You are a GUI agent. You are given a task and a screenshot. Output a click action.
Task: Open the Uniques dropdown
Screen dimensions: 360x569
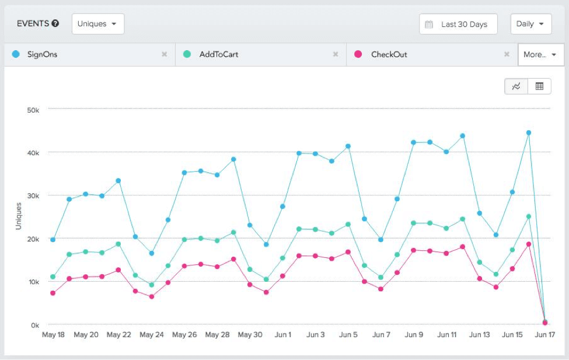(97, 24)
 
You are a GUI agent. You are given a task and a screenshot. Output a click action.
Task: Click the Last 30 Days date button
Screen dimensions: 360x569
(458, 25)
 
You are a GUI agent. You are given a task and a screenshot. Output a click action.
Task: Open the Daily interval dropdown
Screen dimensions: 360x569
(531, 24)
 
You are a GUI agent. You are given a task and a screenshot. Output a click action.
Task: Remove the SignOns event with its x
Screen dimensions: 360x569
(165, 55)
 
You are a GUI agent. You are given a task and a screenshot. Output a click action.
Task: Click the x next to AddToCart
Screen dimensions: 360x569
(336, 55)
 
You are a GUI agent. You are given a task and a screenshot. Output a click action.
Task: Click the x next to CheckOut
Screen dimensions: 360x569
(507, 55)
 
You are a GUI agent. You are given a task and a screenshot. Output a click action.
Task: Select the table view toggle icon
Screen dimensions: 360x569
(539, 86)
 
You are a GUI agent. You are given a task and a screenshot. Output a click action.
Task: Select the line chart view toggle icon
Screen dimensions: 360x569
(516, 86)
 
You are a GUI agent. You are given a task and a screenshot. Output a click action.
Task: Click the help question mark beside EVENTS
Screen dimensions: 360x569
(55, 24)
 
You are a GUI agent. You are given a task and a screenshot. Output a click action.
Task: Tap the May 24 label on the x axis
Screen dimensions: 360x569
(152, 335)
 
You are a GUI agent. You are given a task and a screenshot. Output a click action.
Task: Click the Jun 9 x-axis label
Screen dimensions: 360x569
(414, 335)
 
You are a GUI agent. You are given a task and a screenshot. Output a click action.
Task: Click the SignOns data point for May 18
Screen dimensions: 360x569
(53, 240)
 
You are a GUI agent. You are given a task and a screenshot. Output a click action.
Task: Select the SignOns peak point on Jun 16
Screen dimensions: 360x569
(529, 133)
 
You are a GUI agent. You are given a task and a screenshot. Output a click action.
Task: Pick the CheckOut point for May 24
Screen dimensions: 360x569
(152, 297)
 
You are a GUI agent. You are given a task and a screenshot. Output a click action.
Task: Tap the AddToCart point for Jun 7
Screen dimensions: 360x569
(381, 278)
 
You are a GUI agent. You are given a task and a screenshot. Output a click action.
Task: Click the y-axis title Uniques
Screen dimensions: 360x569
(19, 216)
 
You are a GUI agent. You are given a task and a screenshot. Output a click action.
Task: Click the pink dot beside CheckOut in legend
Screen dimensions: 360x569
(358, 55)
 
